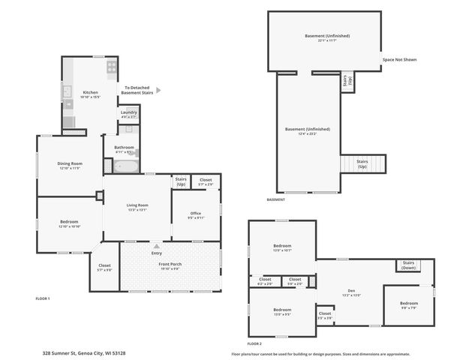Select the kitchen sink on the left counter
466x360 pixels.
[x=67, y=94]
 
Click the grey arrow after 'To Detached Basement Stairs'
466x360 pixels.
[x=158, y=90]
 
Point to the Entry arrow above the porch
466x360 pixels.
[x=156, y=246]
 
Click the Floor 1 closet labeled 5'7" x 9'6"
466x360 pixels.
[x=104, y=267]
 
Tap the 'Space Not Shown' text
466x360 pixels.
[x=399, y=59]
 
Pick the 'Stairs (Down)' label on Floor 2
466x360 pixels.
[x=408, y=265]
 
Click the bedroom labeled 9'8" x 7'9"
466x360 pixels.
[x=408, y=304]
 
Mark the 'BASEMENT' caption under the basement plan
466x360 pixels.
[x=276, y=199]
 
